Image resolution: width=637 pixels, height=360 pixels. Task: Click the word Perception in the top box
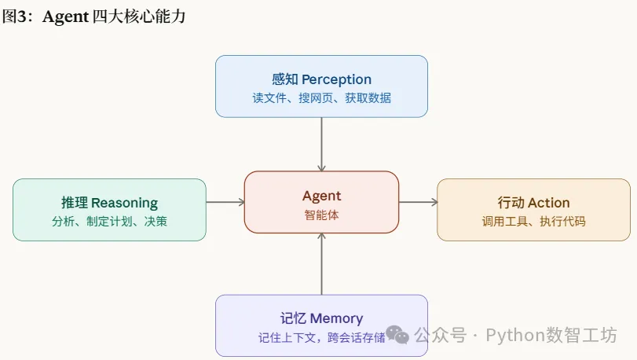tap(336, 79)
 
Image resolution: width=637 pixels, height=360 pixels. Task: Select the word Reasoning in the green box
tap(124, 203)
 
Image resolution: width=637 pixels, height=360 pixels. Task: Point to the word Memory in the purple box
tap(336, 318)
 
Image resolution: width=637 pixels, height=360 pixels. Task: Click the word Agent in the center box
tap(321, 196)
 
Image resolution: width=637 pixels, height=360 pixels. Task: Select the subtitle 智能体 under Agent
tap(321, 215)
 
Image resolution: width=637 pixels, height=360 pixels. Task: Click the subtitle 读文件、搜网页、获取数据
tap(321, 98)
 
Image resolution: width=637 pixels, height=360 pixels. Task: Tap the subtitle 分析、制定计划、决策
tap(109, 222)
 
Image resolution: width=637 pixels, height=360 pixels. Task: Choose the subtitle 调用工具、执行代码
tap(533, 222)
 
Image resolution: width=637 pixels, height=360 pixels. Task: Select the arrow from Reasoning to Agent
tap(225, 202)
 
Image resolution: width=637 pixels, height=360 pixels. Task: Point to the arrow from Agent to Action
tap(418, 202)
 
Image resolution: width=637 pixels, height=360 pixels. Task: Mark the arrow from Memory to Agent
tap(321, 264)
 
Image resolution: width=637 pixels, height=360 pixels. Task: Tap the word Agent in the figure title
tap(65, 17)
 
